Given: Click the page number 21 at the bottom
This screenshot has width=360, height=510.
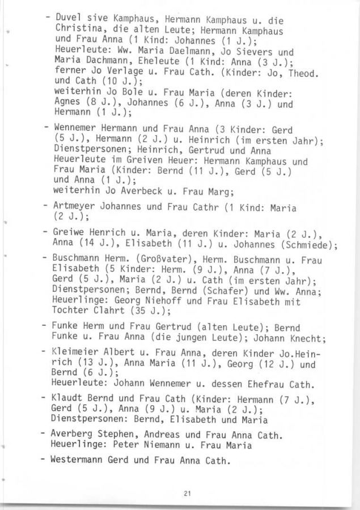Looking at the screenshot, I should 187,494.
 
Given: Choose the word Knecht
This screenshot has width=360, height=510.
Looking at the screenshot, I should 305,339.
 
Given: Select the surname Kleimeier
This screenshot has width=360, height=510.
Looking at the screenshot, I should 75,353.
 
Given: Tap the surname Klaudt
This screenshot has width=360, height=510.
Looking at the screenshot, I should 68,401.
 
